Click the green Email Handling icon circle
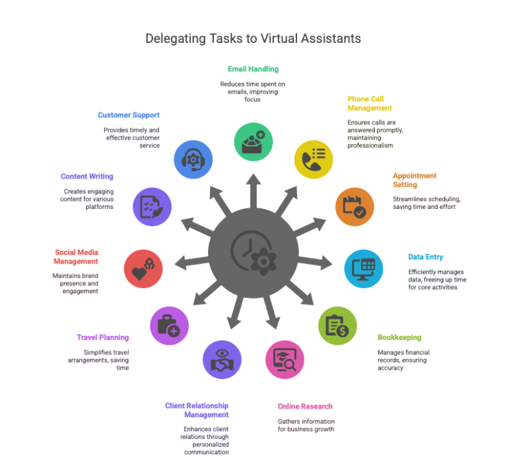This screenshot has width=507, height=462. coord(253,142)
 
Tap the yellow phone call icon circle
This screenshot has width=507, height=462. coord(314,159)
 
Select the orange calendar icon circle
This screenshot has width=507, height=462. coord(355,207)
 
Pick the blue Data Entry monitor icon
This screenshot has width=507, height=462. coord(364,269)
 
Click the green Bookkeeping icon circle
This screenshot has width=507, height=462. coord(337,326)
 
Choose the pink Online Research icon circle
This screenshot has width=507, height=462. coord(285,360)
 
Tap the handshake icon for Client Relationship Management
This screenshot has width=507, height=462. coord(222,360)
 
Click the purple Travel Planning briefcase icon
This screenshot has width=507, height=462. coord(169,326)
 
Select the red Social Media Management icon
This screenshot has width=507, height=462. coord(143,269)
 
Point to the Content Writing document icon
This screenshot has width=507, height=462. coord(152,207)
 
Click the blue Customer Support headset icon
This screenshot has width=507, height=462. coord(193,159)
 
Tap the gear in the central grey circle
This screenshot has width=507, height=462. coord(263,262)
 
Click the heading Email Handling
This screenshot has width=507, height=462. coord(253,69)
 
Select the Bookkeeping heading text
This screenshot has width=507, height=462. coord(399,337)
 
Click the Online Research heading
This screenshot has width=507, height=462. coord(305,406)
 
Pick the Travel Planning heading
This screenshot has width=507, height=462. coord(103,337)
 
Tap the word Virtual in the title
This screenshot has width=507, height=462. coord(279,38)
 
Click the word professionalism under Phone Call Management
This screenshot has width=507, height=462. coord(370,146)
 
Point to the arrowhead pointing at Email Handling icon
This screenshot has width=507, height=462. coord(253,179)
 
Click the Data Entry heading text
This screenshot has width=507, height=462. coord(426,257)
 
